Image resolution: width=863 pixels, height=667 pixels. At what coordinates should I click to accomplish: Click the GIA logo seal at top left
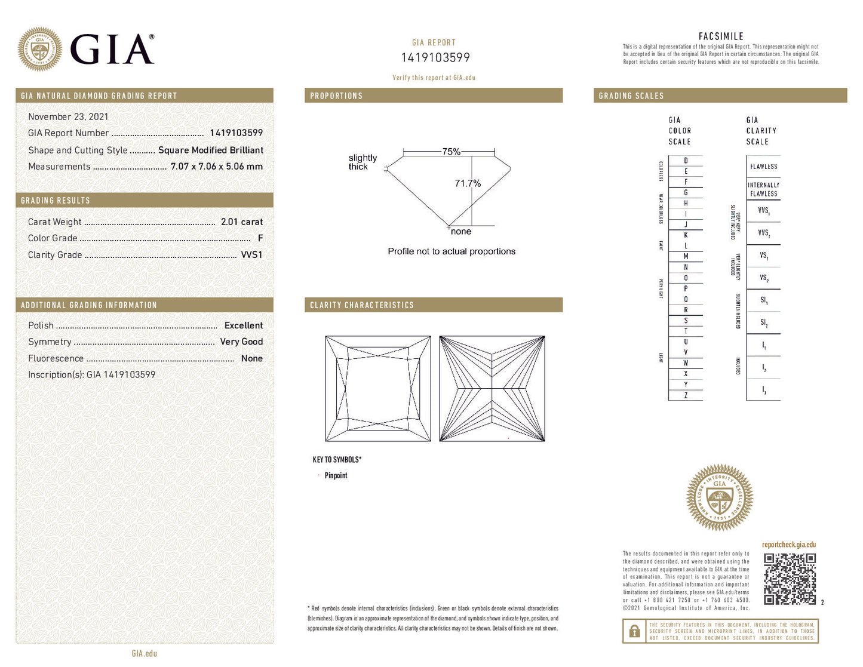(x=40, y=49)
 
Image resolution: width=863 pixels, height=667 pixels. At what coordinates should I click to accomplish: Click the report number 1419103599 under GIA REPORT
(x=435, y=57)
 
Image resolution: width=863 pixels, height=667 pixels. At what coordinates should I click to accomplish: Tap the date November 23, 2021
(x=68, y=116)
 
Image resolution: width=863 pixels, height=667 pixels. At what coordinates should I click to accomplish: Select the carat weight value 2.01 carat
(x=241, y=222)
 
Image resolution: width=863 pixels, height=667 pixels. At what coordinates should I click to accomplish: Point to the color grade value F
(x=260, y=238)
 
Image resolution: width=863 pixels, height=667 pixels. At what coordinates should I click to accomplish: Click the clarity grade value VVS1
(x=251, y=254)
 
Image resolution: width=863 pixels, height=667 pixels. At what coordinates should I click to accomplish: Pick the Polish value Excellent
(x=243, y=325)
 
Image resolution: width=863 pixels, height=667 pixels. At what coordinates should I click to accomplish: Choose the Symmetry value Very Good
(x=241, y=342)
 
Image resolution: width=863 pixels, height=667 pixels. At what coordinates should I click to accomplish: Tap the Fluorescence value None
(x=251, y=358)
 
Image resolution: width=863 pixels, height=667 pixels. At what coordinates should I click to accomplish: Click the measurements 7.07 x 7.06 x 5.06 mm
(x=216, y=167)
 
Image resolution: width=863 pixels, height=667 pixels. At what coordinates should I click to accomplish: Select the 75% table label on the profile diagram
(x=451, y=152)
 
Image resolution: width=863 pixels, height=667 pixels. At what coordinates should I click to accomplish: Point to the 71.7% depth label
(x=468, y=183)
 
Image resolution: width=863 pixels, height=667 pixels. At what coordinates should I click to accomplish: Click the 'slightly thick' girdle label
(x=363, y=162)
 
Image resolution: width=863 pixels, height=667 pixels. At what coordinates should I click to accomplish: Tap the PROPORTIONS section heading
(x=336, y=96)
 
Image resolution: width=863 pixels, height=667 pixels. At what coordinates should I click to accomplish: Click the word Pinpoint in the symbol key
(x=336, y=475)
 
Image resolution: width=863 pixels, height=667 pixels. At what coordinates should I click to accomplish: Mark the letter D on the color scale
(x=686, y=161)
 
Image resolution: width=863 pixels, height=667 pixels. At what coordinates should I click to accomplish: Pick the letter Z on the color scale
(x=686, y=395)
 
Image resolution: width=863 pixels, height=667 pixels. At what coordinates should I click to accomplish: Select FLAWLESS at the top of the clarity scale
(x=763, y=167)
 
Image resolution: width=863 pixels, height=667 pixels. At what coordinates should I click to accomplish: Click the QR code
(x=789, y=579)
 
